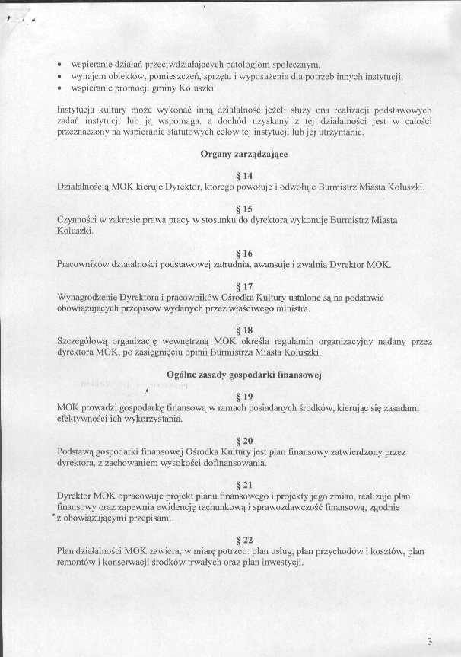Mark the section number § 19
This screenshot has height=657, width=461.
(245, 397)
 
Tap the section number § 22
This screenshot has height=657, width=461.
(245, 539)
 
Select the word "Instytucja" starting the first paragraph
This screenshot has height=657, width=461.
(78, 110)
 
